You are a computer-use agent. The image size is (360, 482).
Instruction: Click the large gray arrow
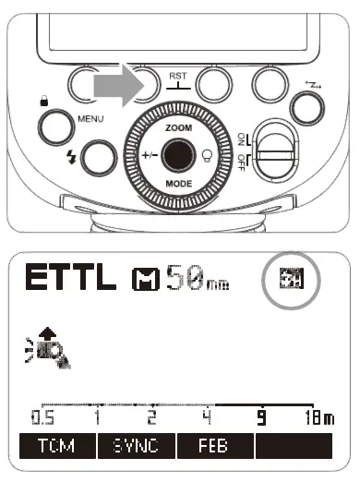point(116,87)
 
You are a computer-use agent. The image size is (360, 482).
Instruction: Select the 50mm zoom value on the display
point(195,278)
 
